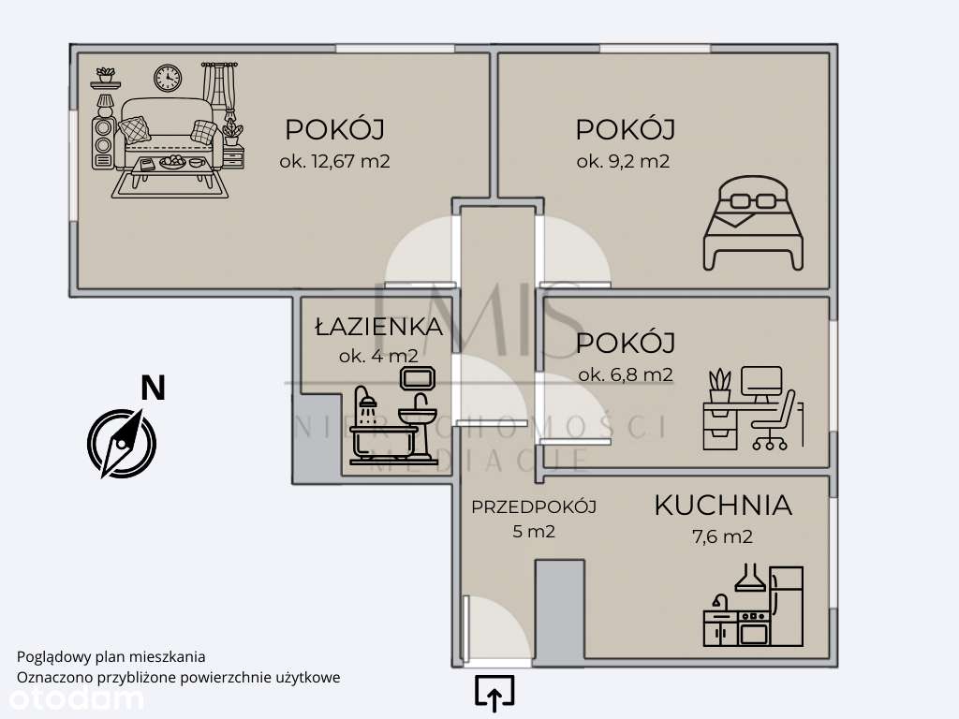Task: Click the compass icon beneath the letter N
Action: click(x=121, y=441)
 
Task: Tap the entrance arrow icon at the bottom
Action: click(x=494, y=693)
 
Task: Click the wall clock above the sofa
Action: click(x=168, y=78)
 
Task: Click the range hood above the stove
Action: click(x=749, y=579)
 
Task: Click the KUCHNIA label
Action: click(x=722, y=506)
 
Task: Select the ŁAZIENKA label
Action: click(x=378, y=327)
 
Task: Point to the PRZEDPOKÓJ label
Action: click(x=534, y=507)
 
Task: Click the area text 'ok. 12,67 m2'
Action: click(x=334, y=161)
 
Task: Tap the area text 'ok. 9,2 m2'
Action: click(x=623, y=161)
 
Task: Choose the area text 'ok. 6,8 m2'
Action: click(x=625, y=375)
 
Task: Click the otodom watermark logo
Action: click(x=72, y=698)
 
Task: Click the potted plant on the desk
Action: click(x=719, y=386)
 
